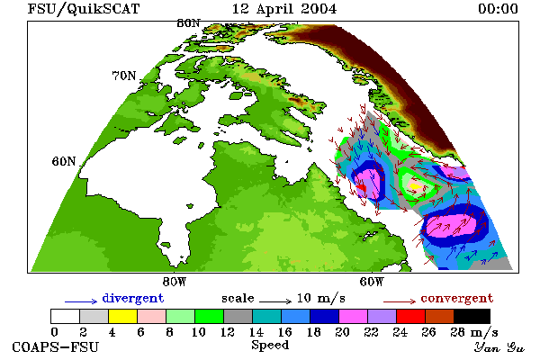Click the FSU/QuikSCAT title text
[x=84, y=9]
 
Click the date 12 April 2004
[x=284, y=9]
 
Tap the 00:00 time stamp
[x=498, y=9]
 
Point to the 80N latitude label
[x=188, y=23]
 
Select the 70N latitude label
[x=124, y=76]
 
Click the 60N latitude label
[x=64, y=161]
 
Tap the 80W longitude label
[x=175, y=282]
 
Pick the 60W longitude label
[x=372, y=282]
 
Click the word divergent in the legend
[x=133, y=299]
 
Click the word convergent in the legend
[x=457, y=298]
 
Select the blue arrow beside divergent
[x=81, y=301]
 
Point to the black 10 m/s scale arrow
[x=275, y=301]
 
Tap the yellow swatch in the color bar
[x=122, y=316]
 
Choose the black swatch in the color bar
[x=472, y=316]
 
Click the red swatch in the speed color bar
[x=411, y=316]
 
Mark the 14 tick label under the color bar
[x=256, y=332]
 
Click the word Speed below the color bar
[x=270, y=346]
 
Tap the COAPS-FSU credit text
[x=55, y=346]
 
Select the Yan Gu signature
[x=499, y=346]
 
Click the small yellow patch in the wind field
[x=415, y=186]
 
